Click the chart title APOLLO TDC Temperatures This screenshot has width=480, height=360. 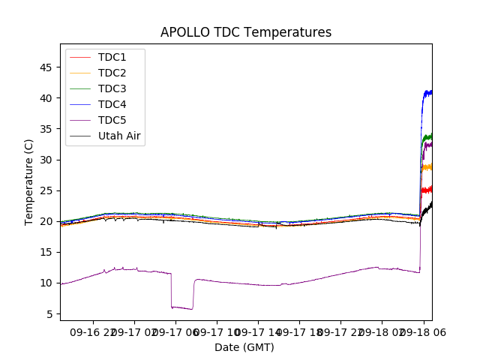(x=246, y=32)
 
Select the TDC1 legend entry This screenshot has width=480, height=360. (x=112, y=57)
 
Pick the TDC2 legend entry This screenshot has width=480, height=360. (x=112, y=73)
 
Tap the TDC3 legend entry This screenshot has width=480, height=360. (x=112, y=88)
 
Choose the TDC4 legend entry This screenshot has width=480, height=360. (x=112, y=104)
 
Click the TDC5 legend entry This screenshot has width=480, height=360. (x=112, y=120)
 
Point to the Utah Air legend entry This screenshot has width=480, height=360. (x=119, y=136)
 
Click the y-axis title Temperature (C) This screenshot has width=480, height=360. (x=29, y=182)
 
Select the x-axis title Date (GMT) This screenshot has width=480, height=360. (x=244, y=347)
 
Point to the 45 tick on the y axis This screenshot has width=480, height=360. (x=45, y=67)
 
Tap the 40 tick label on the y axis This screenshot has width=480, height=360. (x=45, y=98)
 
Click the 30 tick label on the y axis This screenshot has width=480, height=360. (x=45, y=160)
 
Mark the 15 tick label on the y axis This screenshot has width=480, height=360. (x=45, y=252)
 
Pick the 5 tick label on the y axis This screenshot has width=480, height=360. (x=48, y=313)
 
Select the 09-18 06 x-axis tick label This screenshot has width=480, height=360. (x=422, y=331)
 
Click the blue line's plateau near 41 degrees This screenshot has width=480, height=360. (x=427, y=92)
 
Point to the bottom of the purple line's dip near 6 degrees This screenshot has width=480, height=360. (x=182, y=307)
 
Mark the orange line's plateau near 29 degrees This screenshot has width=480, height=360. (x=427, y=167)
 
